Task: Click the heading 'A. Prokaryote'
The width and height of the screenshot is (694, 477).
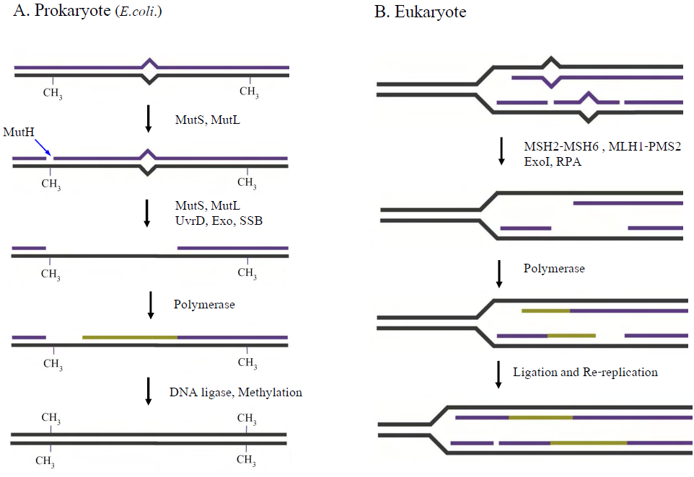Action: coord(62,14)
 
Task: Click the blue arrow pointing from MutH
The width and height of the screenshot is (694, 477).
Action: coord(43,146)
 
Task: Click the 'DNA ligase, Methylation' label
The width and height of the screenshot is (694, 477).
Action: coord(236,393)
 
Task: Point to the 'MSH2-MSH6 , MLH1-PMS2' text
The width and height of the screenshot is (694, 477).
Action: coord(602,147)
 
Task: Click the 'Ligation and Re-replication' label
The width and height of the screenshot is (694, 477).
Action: coord(585,373)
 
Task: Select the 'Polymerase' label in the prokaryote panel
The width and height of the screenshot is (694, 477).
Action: coord(204,304)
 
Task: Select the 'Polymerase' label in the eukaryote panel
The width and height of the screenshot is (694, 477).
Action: coord(554,268)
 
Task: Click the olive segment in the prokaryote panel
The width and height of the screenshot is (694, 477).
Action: coord(130,336)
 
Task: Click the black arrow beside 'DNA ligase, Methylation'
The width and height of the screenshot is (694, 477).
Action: coord(149,391)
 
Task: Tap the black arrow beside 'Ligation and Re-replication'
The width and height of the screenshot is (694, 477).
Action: coord(498,374)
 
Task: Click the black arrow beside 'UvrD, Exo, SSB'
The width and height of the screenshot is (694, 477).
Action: coord(147,213)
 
